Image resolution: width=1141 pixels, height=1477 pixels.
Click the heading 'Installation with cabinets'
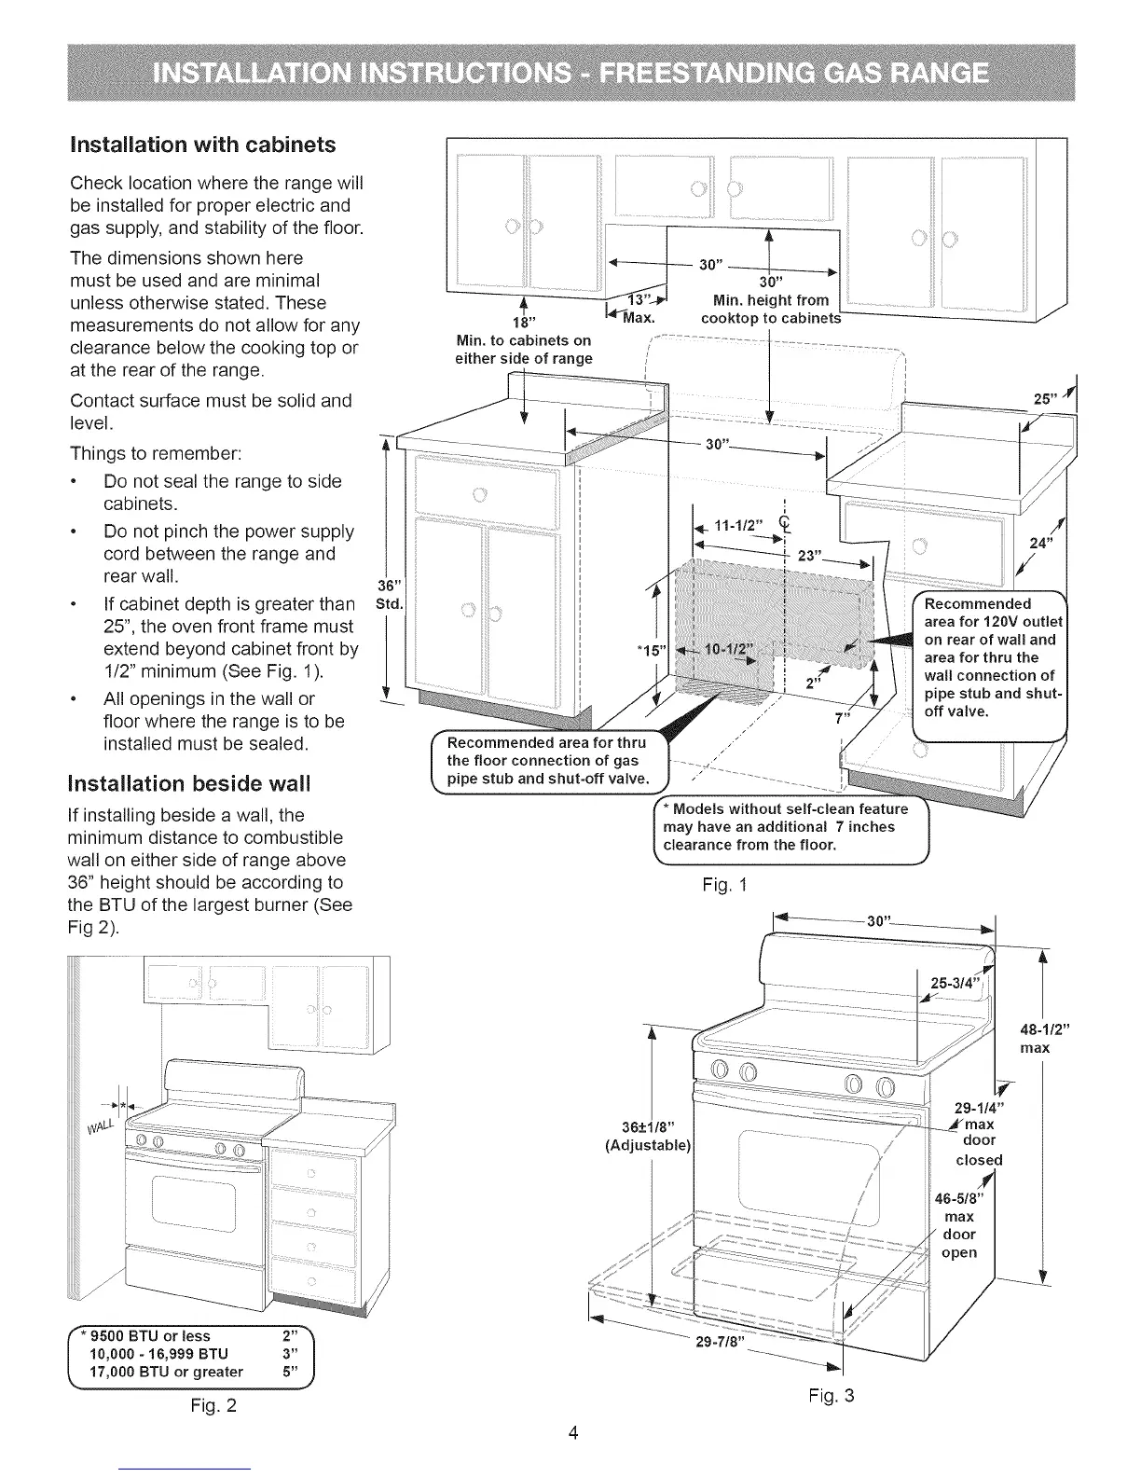tap(203, 145)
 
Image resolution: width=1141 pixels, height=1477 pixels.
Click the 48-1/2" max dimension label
tap(1049, 1039)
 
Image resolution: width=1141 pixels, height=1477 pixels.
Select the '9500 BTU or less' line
tap(149, 1336)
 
